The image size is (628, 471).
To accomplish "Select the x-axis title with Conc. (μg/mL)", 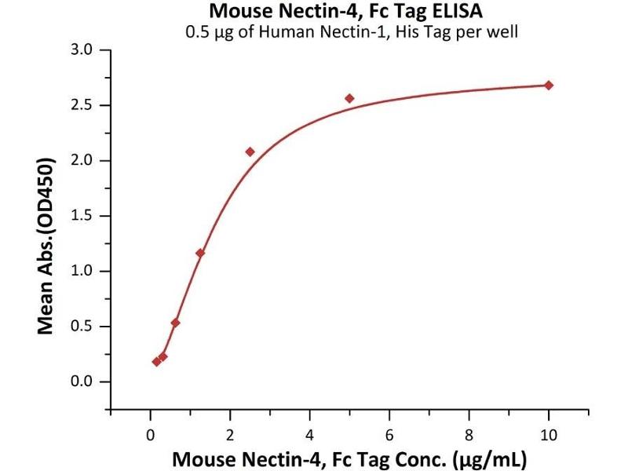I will [349, 458].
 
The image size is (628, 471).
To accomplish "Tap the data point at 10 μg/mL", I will [549, 85].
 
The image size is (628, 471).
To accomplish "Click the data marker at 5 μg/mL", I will [349, 98].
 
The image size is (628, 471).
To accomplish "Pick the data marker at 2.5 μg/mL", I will [250, 152].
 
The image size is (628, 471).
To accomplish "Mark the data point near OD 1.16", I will [200, 253].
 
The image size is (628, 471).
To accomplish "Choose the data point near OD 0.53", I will [175, 323].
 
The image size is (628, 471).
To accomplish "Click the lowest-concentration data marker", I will [156, 361].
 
